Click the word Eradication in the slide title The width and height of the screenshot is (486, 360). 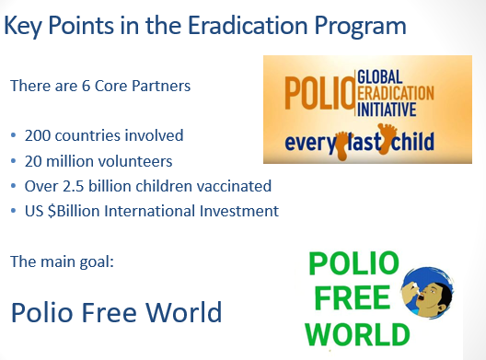[x=248, y=25]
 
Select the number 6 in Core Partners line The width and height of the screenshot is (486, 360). [x=86, y=86]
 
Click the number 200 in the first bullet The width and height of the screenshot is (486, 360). [x=37, y=135]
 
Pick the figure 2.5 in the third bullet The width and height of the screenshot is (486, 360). [x=73, y=186]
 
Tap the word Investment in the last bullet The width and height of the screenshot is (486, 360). [x=239, y=211]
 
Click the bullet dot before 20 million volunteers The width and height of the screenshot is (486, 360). [x=13, y=161]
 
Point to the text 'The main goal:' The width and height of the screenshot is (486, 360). [x=62, y=261]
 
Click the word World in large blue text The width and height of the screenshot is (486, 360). [x=184, y=312]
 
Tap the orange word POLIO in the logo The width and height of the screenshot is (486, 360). [x=319, y=93]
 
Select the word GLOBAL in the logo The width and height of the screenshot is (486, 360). [x=380, y=77]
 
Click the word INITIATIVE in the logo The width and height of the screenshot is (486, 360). [x=387, y=110]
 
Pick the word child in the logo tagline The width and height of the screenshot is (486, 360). [x=412, y=142]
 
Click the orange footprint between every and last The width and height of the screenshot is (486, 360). [x=341, y=145]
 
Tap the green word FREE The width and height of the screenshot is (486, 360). [x=353, y=297]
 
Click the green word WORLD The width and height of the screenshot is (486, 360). [x=357, y=334]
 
